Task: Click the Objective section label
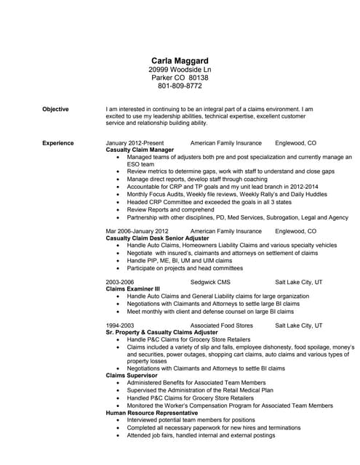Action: click(55, 109)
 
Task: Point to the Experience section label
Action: click(57, 143)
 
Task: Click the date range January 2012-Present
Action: click(135, 143)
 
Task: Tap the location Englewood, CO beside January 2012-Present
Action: click(295, 143)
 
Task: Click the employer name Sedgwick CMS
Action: click(210, 280)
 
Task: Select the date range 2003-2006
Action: click(120, 280)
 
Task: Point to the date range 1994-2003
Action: click(120, 325)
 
